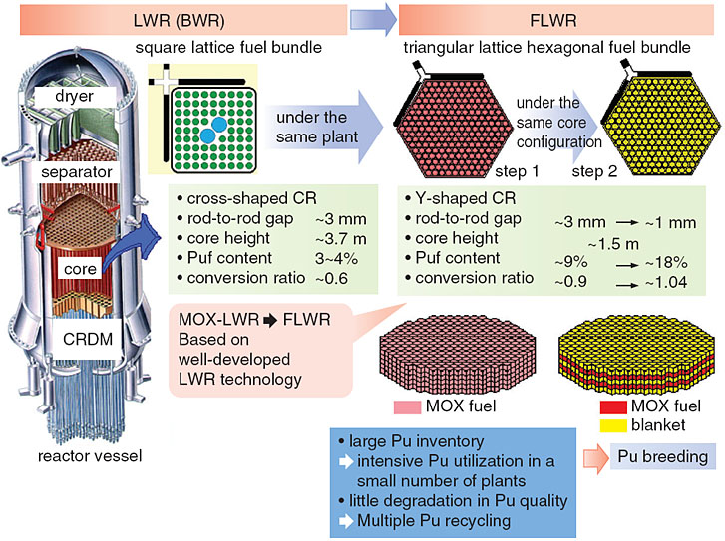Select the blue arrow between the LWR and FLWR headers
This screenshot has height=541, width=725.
tap(373, 18)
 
